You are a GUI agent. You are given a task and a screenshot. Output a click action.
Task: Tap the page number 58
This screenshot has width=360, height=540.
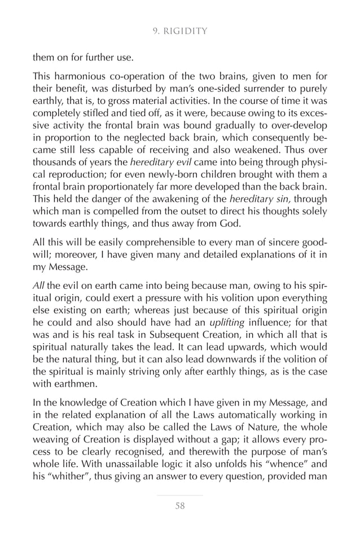(180, 506)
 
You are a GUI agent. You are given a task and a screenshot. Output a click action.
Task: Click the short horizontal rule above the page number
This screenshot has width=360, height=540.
(180, 495)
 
